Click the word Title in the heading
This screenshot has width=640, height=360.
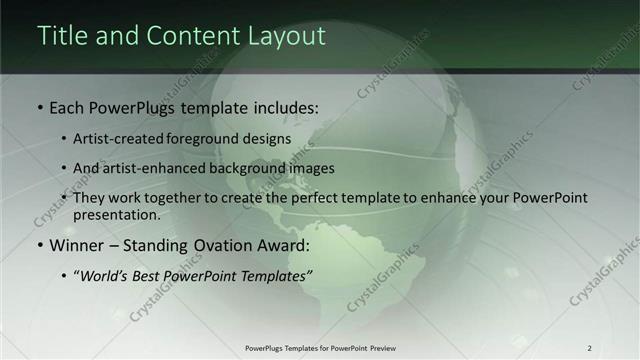pyautogui.click(x=62, y=36)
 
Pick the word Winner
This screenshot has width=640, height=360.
pyautogui.click(x=76, y=245)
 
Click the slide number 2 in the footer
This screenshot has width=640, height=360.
pyautogui.click(x=589, y=348)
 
